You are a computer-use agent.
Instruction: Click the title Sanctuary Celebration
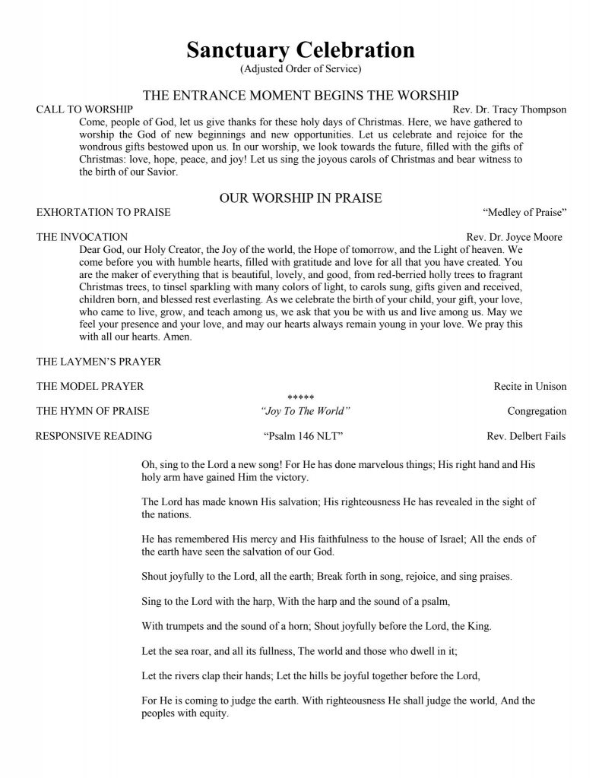(x=300, y=50)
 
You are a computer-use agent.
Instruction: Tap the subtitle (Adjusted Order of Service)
(x=300, y=69)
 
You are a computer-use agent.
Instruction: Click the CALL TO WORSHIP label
(x=74, y=109)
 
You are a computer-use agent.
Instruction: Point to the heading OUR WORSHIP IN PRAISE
(x=300, y=198)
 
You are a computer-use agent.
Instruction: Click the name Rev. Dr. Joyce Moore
(x=514, y=237)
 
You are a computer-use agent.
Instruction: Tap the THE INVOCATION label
(x=82, y=237)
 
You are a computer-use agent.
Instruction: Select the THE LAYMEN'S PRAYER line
(x=99, y=362)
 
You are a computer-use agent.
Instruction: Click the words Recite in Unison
(x=530, y=386)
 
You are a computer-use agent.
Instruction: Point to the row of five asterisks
(x=300, y=398)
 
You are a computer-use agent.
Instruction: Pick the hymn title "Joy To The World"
(x=305, y=411)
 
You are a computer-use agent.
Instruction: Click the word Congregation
(x=537, y=411)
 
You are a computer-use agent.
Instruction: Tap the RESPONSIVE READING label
(x=94, y=436)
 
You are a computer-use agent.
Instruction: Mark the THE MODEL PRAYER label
(x=90, y=386)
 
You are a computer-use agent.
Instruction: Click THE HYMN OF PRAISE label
(x=93, y=411)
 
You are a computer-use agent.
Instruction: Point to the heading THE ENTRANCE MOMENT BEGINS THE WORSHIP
(x=300, y=95)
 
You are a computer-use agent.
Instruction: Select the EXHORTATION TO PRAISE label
(x=103, y=212)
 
